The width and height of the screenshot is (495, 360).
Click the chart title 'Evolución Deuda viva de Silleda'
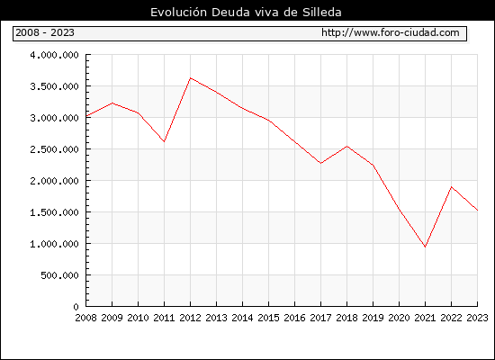(x=246, y=13)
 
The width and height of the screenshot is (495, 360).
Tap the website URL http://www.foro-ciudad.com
(x=391, y=32)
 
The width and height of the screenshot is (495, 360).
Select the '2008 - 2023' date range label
(x=45, y=32)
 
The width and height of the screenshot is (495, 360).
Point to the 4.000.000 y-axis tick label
(x=54, y=55)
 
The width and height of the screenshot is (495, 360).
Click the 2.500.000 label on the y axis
(x=54, y=149)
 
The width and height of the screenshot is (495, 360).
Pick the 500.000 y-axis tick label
(x=59, y=275)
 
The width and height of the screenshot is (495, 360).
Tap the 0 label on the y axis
(x=76, y=307)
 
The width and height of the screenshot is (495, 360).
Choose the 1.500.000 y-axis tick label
(x=54, y=212)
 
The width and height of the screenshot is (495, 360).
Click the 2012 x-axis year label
(x=190, y=318)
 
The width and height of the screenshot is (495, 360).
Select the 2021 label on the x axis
(x=425, y=318)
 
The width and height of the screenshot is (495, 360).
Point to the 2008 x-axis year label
(x=85, y=318)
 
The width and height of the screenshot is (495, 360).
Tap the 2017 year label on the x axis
(x=320, y=318)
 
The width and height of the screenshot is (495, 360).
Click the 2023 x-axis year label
(x=477, y=318)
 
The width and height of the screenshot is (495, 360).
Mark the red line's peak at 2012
(x=191, y=78)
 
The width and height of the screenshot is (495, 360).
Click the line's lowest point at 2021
(x=425, y=247)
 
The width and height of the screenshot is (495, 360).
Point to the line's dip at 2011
(x=164, y=141)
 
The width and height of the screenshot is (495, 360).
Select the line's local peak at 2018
(x=346, y=146)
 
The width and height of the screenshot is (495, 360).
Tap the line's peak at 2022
(x=452, y=187)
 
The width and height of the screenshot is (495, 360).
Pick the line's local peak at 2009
(x=112, y=103)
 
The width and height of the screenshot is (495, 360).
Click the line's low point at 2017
(x=320, y=163)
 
